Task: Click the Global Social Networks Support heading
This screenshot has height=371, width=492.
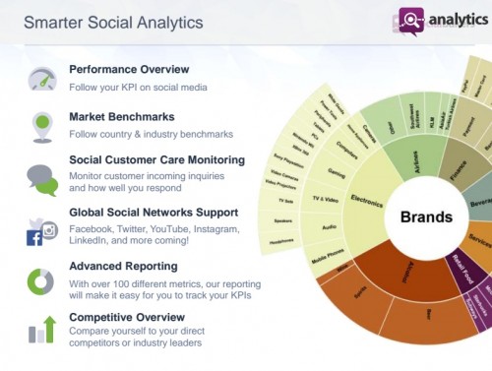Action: click(154, 212)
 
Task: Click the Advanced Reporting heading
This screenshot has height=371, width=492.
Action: click(123, 265)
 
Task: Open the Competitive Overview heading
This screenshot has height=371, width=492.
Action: click(127, 317)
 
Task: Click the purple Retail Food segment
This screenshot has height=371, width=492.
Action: click(459, 269)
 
